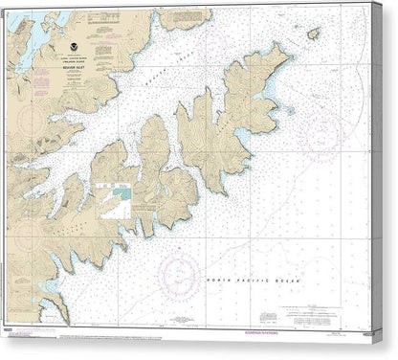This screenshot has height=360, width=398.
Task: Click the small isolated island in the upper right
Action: [x=313, y=34]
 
